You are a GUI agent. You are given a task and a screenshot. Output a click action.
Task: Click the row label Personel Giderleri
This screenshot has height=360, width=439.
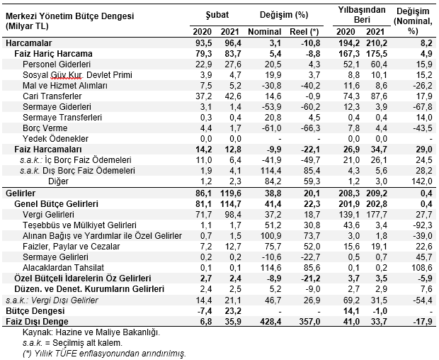[57, 64]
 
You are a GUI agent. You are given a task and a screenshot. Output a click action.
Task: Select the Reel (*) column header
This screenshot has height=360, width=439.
[304, 32]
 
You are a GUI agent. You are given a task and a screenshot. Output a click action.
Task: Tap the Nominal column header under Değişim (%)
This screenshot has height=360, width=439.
[265, 32]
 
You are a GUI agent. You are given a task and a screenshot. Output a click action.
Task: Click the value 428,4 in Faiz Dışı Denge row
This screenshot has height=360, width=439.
[270, 322]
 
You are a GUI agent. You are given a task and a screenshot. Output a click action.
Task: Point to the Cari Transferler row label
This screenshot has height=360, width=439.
[52, 96]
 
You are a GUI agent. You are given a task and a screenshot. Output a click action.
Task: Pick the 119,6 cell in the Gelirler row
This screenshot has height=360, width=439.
[230, 193]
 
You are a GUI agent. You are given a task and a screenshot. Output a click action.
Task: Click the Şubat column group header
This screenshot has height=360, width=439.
[217, 15]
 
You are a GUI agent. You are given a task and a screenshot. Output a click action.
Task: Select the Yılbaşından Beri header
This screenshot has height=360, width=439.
[362, 15]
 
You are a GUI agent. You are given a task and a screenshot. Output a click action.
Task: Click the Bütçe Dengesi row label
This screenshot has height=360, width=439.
[35, 311]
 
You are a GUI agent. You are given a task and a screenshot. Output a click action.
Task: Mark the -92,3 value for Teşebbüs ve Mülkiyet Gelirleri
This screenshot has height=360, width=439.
[422, 225]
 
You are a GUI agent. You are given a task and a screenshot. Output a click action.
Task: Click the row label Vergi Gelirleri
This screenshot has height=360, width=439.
[48, 215]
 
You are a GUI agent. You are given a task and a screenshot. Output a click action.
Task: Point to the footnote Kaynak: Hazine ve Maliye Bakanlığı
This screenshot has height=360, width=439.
[91, 332]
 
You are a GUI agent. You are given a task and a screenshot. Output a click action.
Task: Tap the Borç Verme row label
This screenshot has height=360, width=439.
[45, 128]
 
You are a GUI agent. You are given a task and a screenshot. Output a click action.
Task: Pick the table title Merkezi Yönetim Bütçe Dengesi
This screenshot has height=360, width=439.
[69, 16]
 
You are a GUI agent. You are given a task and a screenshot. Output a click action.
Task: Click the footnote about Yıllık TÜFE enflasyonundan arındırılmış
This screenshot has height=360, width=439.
[104, 354]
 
